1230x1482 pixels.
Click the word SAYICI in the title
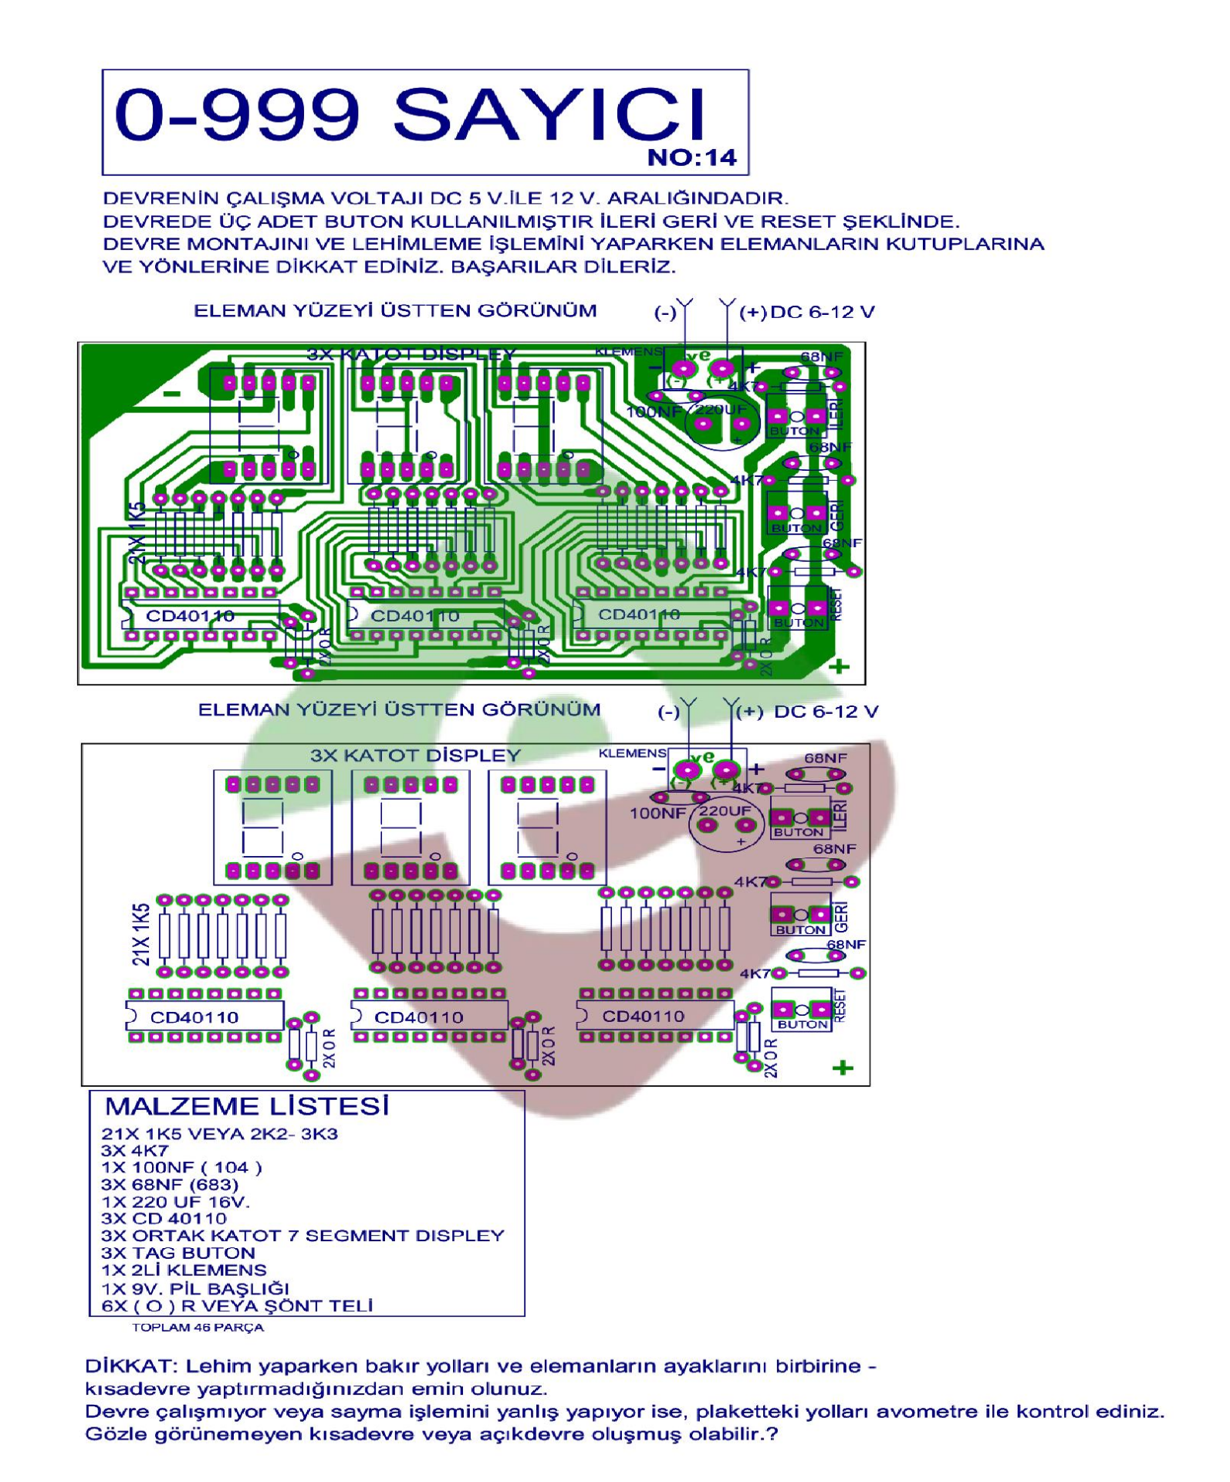click(549, 116)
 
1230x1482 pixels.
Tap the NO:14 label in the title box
click(691, 158)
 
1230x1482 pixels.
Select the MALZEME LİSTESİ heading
click(247, 1107)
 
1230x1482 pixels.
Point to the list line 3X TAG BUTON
click(177, 1253)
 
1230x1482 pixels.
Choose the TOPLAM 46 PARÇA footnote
click(198, 1328)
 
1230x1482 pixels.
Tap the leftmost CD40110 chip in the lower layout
click(204, 1017)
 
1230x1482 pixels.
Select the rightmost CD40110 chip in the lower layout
click(654, 1016)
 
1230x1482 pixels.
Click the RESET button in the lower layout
click(802, 1010)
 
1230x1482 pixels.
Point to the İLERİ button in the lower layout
click(800, 819)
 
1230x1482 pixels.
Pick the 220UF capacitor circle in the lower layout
click(725, 827)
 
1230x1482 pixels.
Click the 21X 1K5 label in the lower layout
click(141, 935)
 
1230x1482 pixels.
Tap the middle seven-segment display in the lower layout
click(410, 827)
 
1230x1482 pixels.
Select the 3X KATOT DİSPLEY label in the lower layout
click(415, 755)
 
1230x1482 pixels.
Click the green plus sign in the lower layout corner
click(843, 1068)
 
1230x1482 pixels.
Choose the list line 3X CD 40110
click(164, 1219)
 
